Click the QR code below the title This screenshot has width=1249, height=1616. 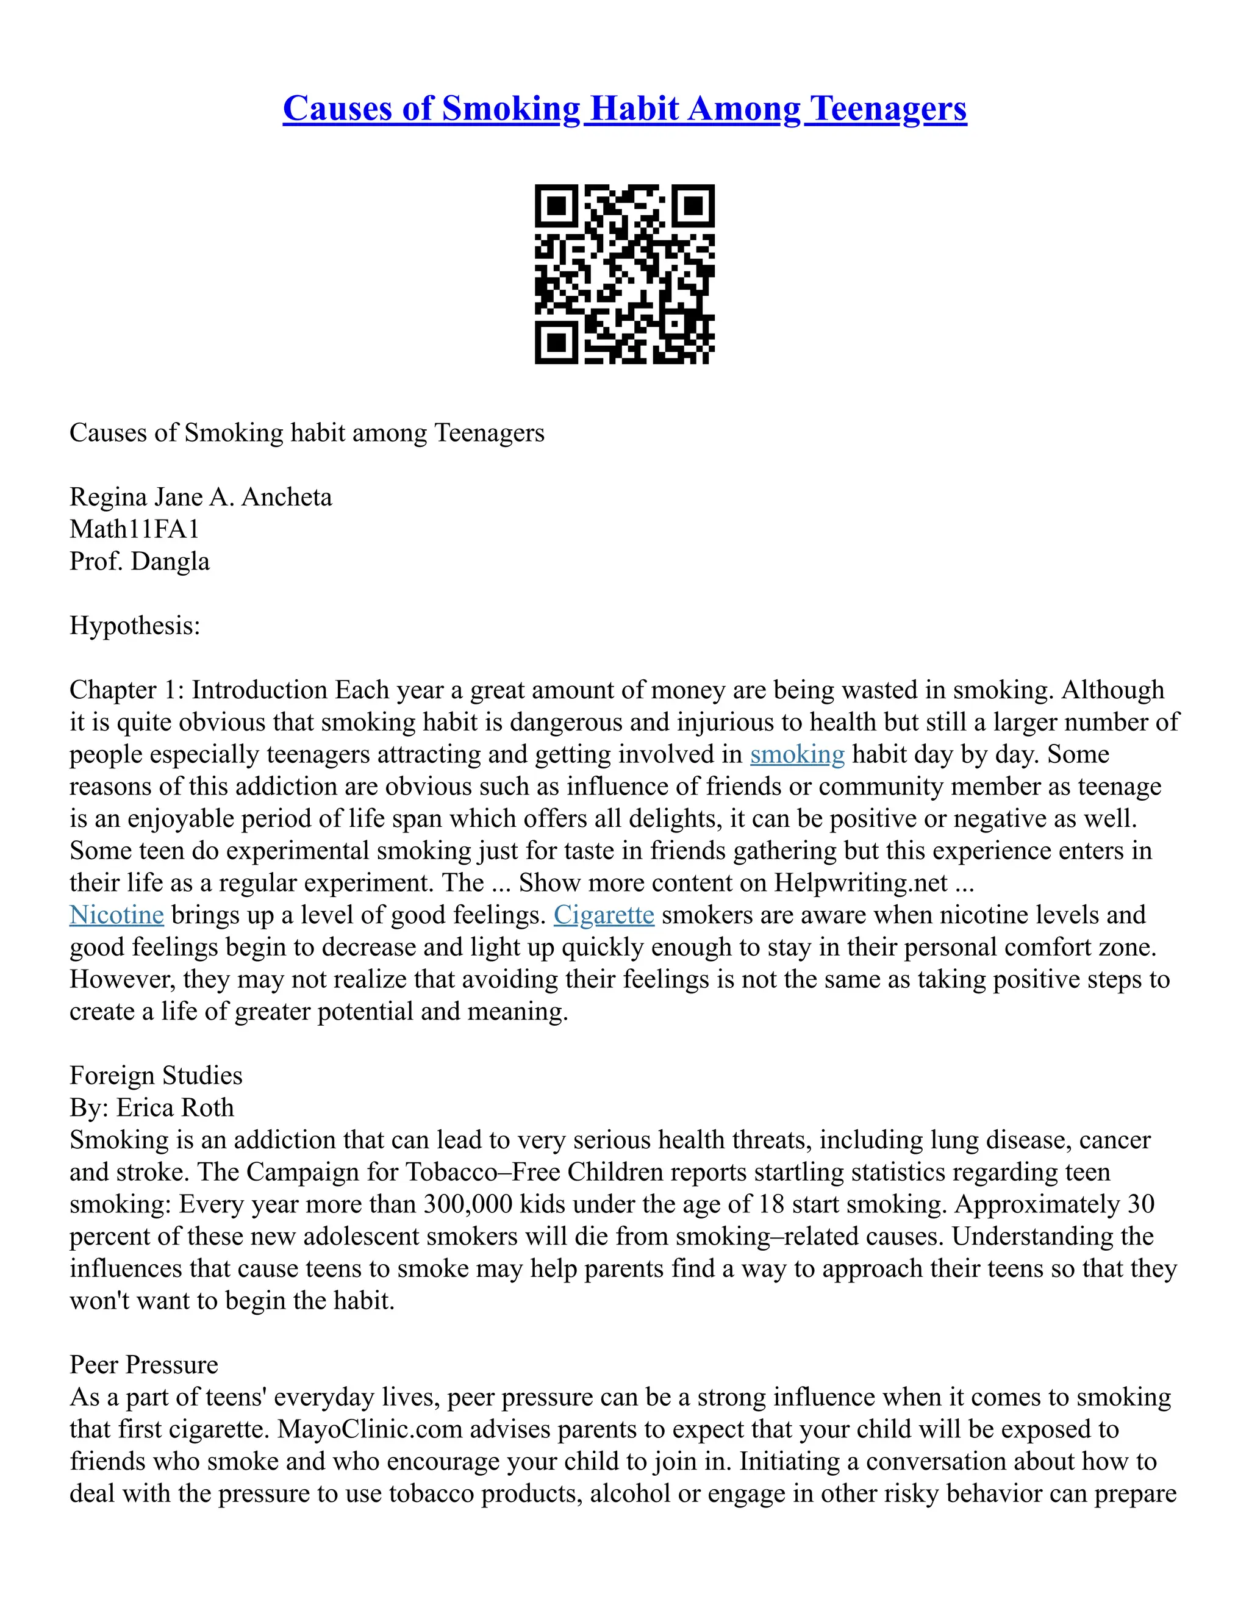tap(624, 274)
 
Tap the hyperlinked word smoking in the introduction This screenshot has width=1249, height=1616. tap(797, 754)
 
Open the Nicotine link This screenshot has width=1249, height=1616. tap(116, 915)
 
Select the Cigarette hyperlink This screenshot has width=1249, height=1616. tap(604, 915)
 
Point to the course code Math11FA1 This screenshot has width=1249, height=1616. tap(134, 529)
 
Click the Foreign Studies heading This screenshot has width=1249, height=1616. tap(156, 1075)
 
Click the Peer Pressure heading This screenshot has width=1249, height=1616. tap(143, 1364)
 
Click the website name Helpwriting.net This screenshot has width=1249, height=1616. tap(861, 883)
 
